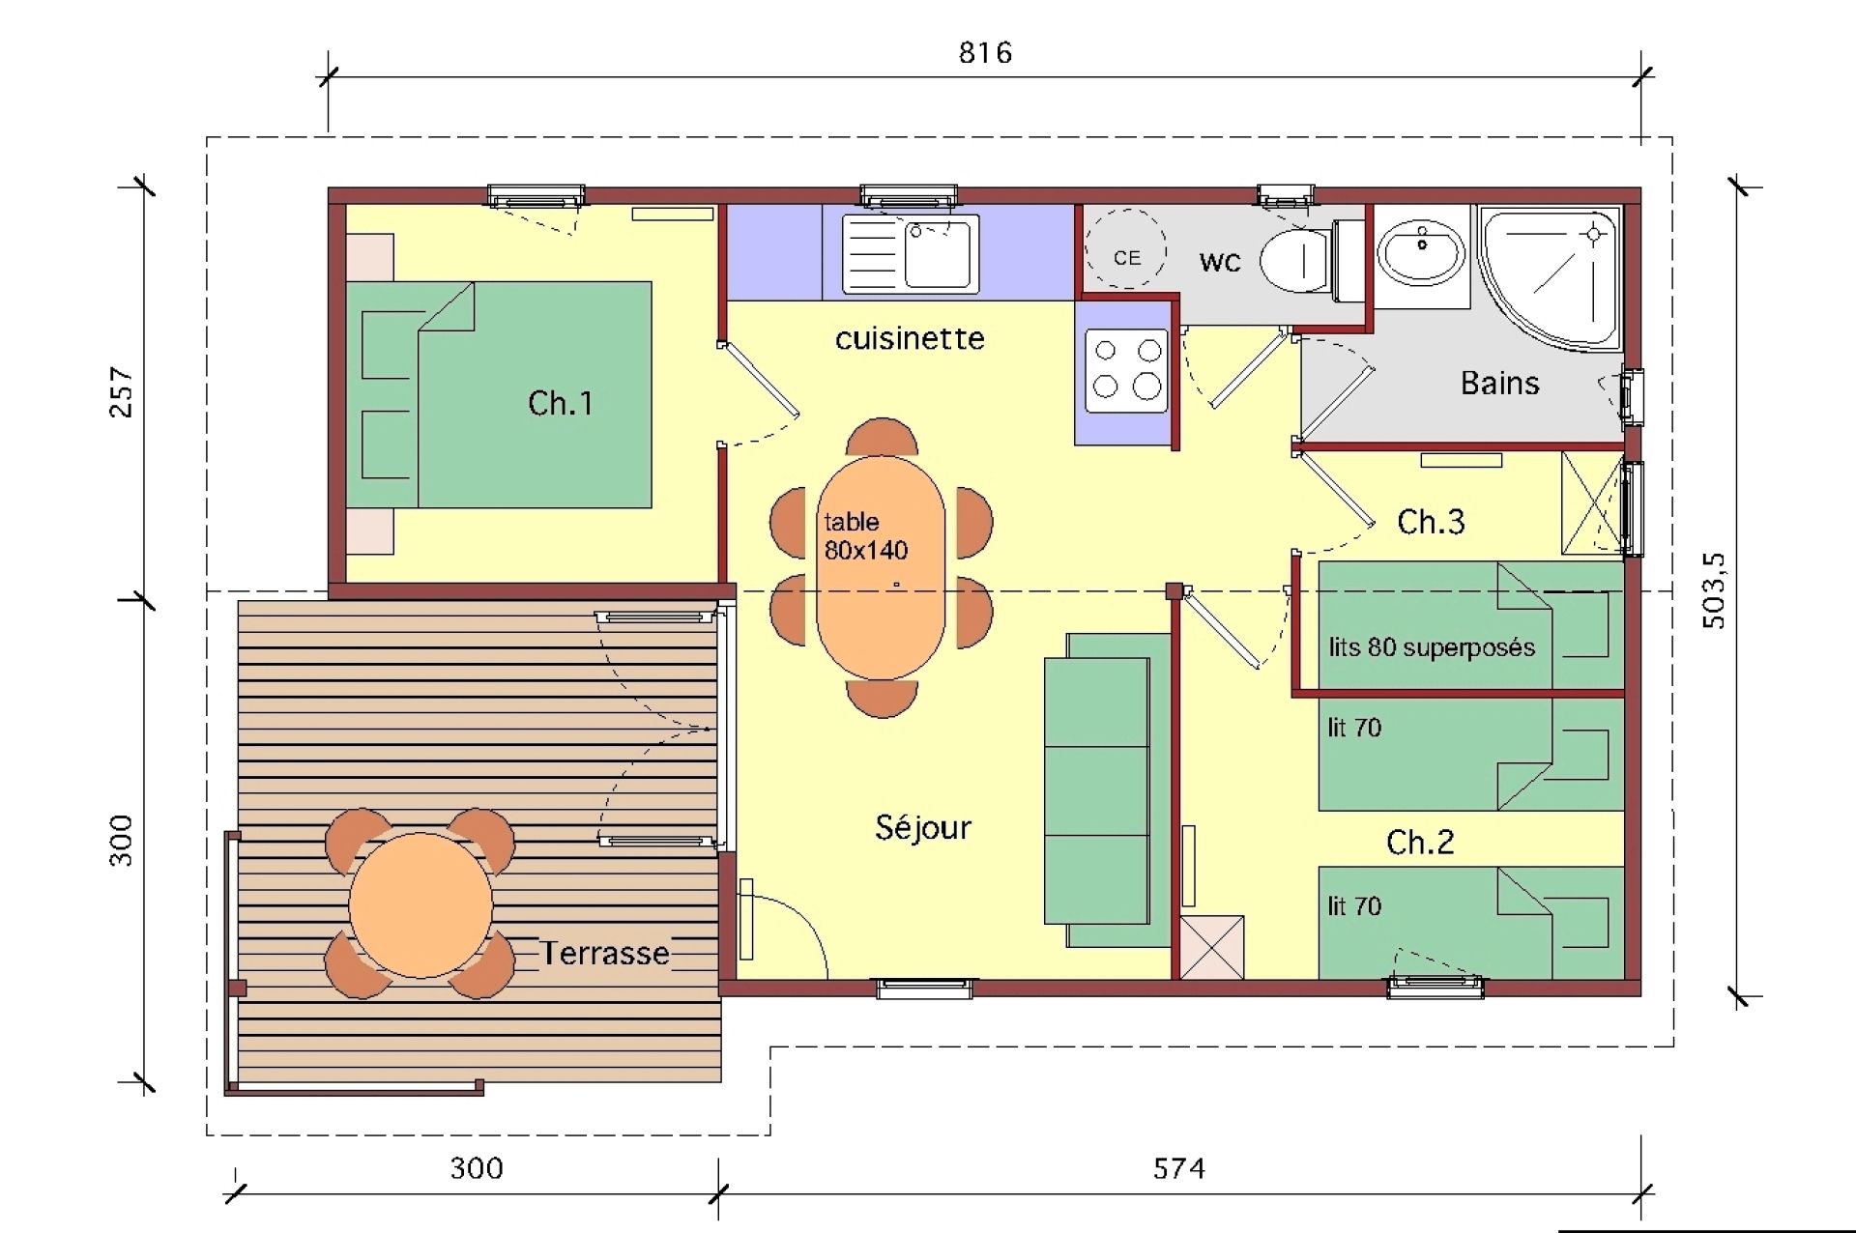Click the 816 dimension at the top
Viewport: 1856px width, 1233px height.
pyautogui.click(x=985, y=52)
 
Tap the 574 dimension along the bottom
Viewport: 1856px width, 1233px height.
pyautogui.click(x=1179, y=1169)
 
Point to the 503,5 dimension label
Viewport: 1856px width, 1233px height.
pyautogui.click(x=1713, y=590)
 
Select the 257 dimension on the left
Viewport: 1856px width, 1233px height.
pyautogui.click(x=122, y=391)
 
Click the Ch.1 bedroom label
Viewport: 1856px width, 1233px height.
pyautogui.click(x=561, y=403)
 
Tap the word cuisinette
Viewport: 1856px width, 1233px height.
pyautogui.click(x=910, y=338)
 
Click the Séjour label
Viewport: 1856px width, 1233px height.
pyautogui.click(x=923, y=827)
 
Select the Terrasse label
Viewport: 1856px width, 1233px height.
pyautogui.click(x=605, y=954)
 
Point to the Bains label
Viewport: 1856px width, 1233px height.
pyautogui.click(x=1499, y=384)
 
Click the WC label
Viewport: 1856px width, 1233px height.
pyautogui.click(x=1220, y=262)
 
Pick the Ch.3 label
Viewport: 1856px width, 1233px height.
pyautogui.click(x=1431, y=522)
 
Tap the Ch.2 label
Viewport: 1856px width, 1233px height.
pyautogui.click(x=1420, y=843)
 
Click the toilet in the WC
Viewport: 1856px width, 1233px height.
pyautogui.click(x=1311, y=260)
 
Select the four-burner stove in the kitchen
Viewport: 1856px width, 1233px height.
pyautogui.click(x=1126, y=371)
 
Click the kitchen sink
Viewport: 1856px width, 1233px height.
pyautogui.click(x=910, y=253)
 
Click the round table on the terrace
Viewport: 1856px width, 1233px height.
pyautogui.click(x=420, y=905)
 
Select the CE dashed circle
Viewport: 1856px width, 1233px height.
pyautogui.click(x=1126, y=249)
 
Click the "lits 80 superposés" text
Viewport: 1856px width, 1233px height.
pyautogui.click(x=1432, y=647)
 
